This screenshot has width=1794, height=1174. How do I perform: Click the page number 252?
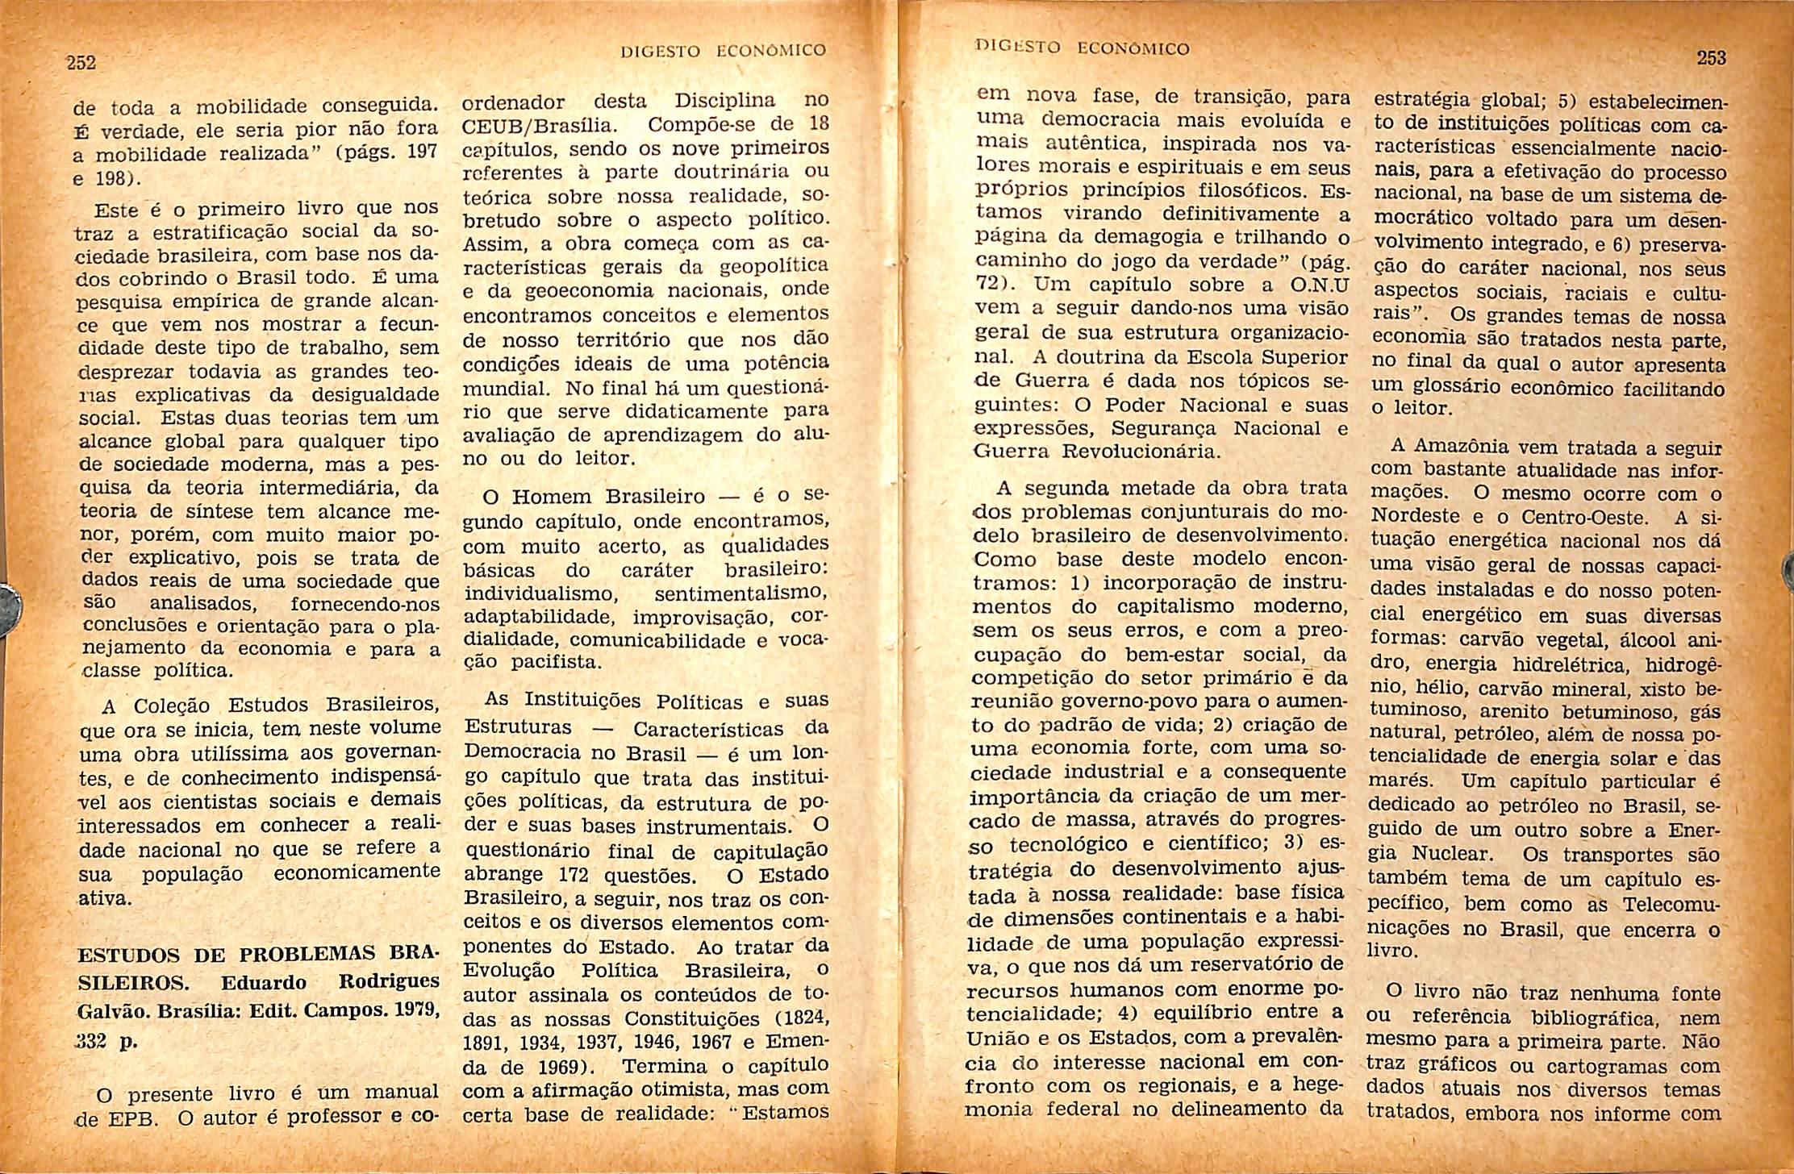(x=81, y=63)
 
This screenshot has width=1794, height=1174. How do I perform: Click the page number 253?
(x=1711, y=58)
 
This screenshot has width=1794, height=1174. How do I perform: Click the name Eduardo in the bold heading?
(x=263, y=983)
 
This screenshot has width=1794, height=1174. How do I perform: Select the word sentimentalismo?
(x=741, y=594)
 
